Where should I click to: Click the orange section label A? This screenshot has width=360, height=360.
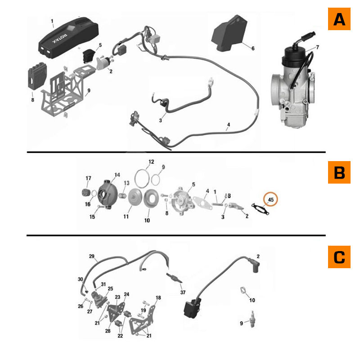click(339, 19)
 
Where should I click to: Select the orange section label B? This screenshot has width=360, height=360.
click(339, 172)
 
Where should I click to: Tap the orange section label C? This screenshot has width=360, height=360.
click(339, 257)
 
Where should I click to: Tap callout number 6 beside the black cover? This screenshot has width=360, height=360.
click(252, 48)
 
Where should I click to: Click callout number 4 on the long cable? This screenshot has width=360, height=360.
click(228, 124)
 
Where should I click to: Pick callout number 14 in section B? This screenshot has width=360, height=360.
click(117, 175)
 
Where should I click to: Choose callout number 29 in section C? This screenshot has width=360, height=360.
click(92, 256)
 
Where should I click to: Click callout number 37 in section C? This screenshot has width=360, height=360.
click(183, 292)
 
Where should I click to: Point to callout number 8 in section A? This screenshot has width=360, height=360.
click(32, 100)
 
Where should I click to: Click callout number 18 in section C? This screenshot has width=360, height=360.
click(158, 298)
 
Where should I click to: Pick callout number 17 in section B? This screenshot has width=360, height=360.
click(88, 178)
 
